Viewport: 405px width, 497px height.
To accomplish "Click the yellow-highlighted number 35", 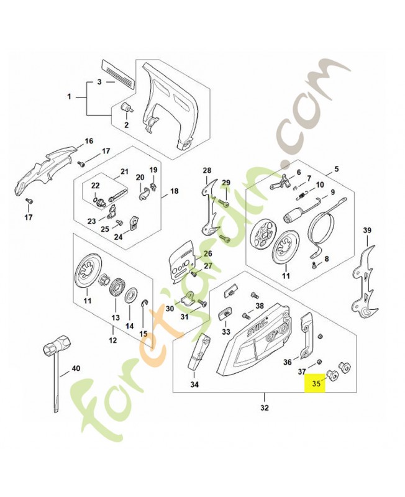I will [316, 384].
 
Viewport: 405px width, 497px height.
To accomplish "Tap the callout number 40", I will [76, 368].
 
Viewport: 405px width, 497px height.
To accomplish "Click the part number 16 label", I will [88, 141].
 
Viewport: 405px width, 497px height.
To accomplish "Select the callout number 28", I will [207, 170].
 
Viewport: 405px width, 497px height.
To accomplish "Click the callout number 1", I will [70, 97].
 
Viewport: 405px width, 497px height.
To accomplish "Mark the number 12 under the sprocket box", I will [112, 340].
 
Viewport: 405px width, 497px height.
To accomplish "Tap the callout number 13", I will [115, 317].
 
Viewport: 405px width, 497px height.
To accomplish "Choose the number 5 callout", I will [337, 169].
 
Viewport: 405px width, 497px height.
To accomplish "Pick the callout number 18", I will [173, 191].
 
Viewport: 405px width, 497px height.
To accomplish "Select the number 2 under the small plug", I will [126, 125].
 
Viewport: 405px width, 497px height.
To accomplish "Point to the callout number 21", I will [124, 172].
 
